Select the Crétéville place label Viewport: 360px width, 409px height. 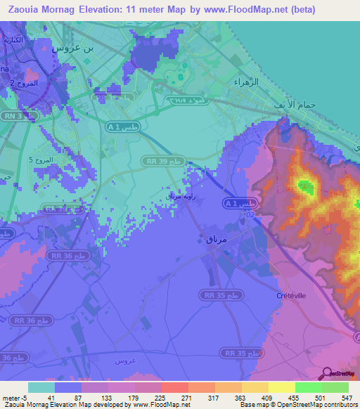(291, 296)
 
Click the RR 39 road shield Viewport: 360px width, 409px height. (162, 161)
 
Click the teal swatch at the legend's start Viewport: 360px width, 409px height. (41, 387)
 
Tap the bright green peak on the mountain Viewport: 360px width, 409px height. (304, 186)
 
